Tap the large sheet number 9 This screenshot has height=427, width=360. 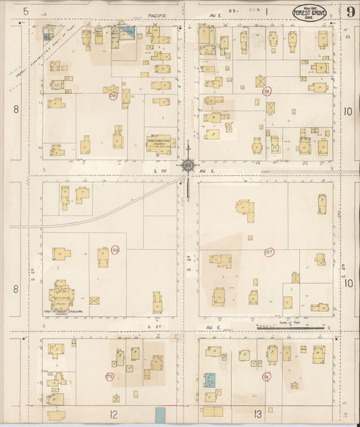click(351, 11)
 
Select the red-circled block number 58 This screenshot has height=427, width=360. click(113, 96)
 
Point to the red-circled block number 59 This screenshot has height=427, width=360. click(267, 91)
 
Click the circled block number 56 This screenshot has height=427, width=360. click(115, 250)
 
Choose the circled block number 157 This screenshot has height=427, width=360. click(269, 253)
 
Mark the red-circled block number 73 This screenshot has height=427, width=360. click(109, 376)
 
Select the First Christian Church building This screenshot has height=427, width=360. click(161, 143)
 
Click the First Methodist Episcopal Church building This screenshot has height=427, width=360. click(62, 295)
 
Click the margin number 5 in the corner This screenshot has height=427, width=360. click(25, 11)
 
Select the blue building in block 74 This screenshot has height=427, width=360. click(210, 380)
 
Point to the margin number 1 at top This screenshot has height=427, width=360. click(266, 11)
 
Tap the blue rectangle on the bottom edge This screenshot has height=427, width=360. click(160, 415)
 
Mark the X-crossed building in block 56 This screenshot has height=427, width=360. click(95, 300)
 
